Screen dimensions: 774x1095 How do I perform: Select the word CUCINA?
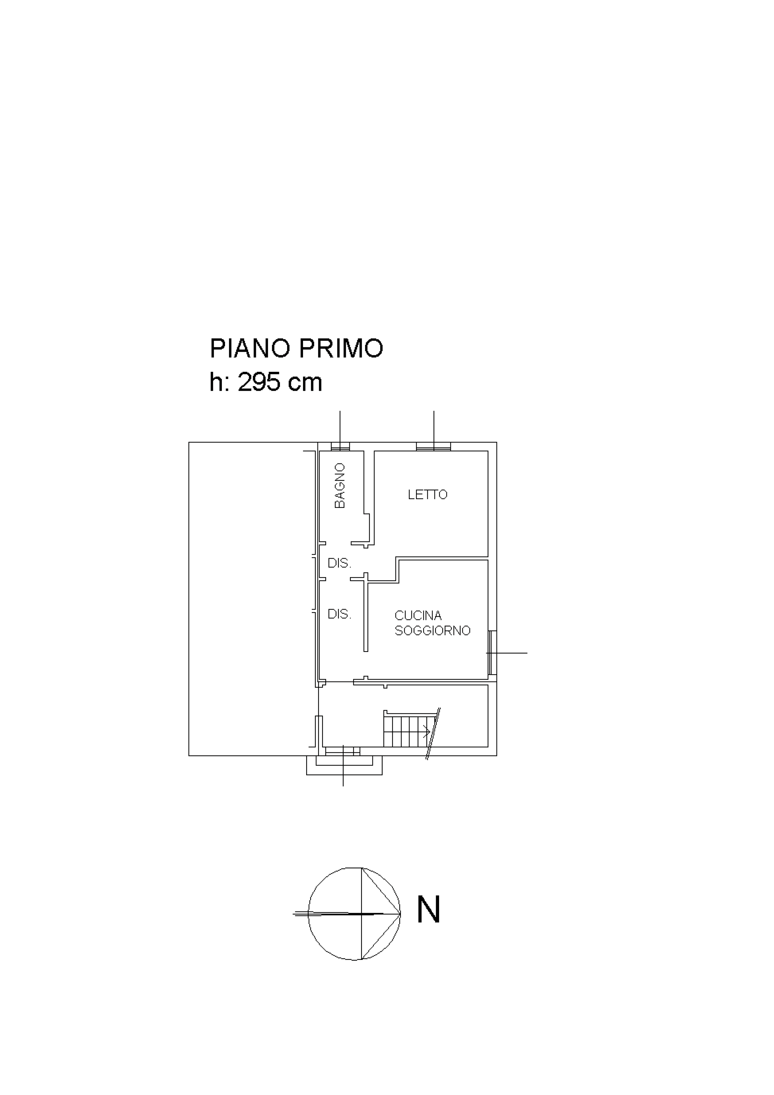point(418,616)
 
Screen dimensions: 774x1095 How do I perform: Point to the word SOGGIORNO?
point(433,631)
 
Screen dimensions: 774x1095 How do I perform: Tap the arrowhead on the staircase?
point(428,731)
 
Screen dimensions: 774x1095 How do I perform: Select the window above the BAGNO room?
point(340,446)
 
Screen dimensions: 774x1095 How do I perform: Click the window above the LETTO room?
point(434,446)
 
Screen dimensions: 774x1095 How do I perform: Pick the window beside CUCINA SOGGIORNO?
point(492,652)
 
